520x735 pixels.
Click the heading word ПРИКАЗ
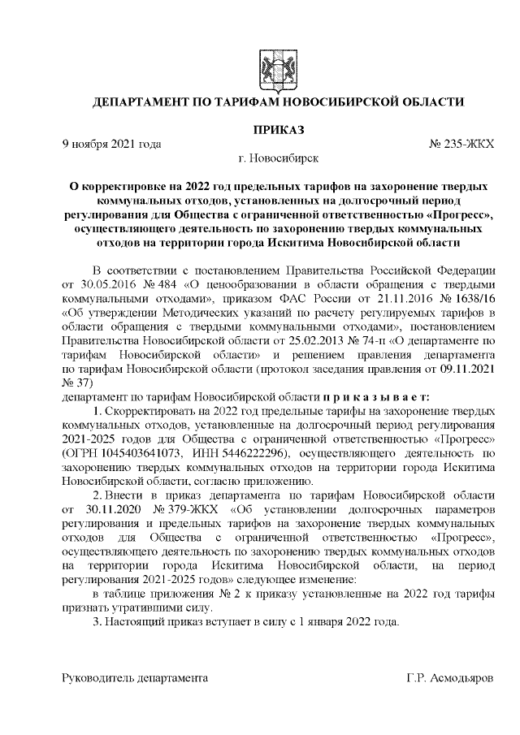click(279, 129)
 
